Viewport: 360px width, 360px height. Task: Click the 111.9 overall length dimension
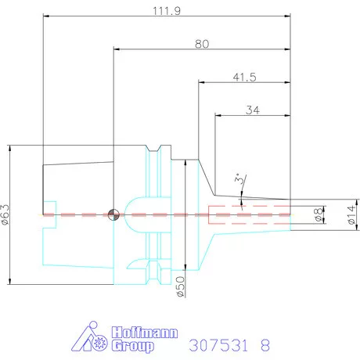tap(167, 11)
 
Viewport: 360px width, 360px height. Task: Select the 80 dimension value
tap(202, 44)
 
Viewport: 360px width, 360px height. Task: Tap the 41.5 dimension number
tap(244, 77)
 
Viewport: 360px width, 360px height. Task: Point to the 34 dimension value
tap(253, 110)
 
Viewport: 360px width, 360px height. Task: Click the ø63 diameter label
tap(5, 214)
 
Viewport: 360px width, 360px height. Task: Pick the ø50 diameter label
tap(180, 286)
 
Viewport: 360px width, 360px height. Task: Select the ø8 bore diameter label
tap(319, 214)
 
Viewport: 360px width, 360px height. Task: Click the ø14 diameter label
tap(351, 214)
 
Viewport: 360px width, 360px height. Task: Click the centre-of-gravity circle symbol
tap(113, 214)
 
